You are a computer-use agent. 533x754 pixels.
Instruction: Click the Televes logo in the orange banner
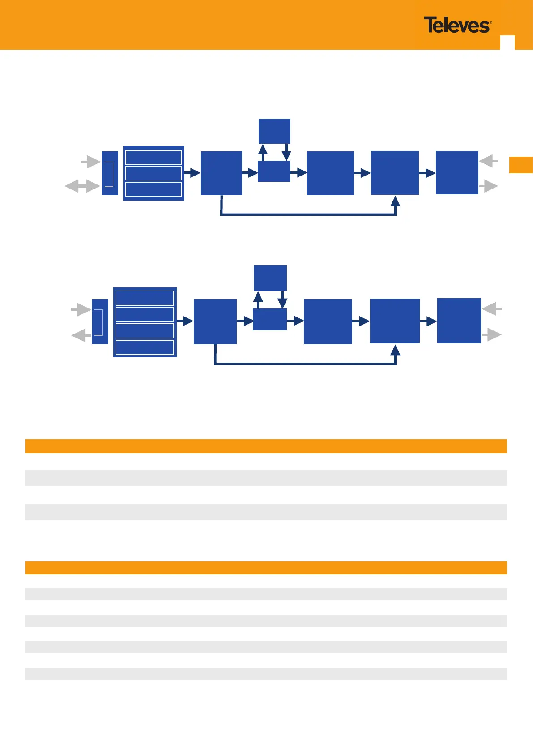(x=457, y=25)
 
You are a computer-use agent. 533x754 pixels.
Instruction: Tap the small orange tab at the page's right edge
(x=521, y=165)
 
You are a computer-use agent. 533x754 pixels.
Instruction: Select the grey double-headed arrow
(x=82, y=186)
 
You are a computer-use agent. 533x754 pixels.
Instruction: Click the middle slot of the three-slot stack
(x=154, y=173)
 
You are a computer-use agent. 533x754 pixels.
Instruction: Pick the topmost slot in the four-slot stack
(x=145, y=298)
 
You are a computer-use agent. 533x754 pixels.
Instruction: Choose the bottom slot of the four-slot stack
(x=145, y=347)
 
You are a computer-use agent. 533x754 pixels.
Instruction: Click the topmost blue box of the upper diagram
(x=274, y=131)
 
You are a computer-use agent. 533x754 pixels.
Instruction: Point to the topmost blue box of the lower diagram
(x=270, y=278)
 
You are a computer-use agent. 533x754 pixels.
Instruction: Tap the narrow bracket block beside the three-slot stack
(x=110, y=173)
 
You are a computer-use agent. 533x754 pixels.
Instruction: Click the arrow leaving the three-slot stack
(x=192, y=173)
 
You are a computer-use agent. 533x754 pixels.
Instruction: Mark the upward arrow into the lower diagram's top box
(x=258, y=300)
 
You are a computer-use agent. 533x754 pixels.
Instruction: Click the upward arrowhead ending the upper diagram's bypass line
(x=395, y=201)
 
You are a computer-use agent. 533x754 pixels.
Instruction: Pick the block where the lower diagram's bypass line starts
(x=215, y=321)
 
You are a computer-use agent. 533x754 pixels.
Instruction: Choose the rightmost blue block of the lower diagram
(x=459, y=321)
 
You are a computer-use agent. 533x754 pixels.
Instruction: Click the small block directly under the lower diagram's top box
(x=269, y=320)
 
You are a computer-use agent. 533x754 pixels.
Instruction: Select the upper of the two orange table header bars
(x=266, y=446)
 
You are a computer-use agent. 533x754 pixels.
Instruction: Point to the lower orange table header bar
(x=266, y=568)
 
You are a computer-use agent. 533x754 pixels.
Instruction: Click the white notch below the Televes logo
(x=507, y=42)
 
